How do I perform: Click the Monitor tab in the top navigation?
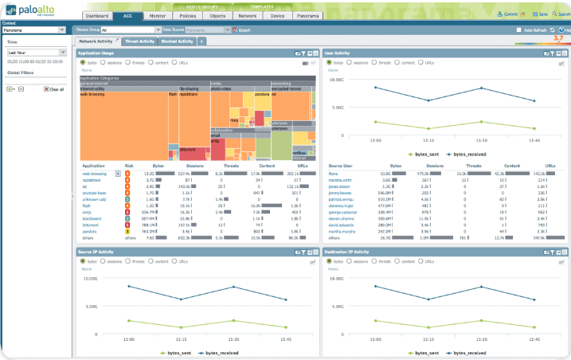[158, 15]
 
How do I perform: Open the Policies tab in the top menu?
[187, 15]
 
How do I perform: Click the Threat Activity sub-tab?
[139, 41]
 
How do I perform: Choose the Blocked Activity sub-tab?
[176, 41]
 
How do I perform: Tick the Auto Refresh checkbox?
[519, 29]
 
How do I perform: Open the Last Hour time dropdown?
[36, 52]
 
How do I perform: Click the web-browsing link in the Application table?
[94, 173]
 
